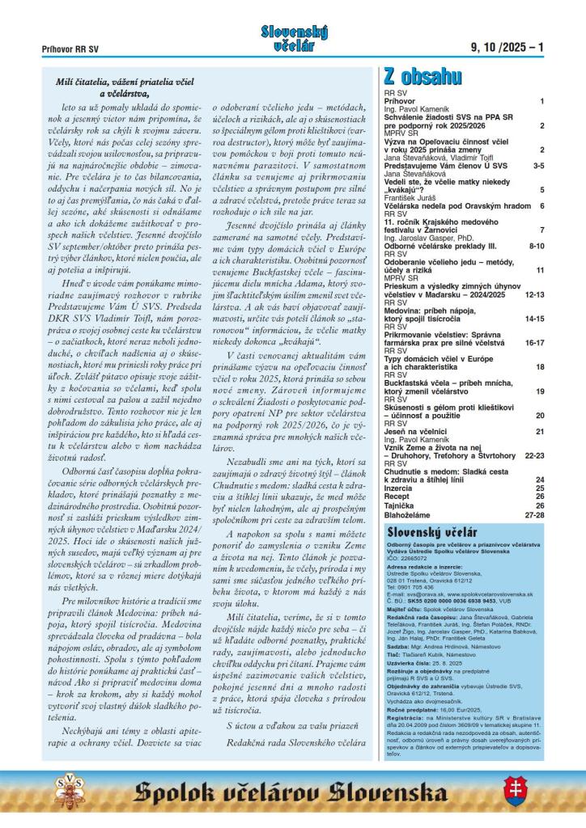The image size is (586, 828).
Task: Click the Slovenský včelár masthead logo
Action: pyautogui.click(x=294, y=38)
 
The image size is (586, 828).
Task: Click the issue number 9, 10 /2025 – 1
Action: pyautogui.click(x=507, y=48)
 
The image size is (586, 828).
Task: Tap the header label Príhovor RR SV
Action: pyautogui.click(x=70, y=49)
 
